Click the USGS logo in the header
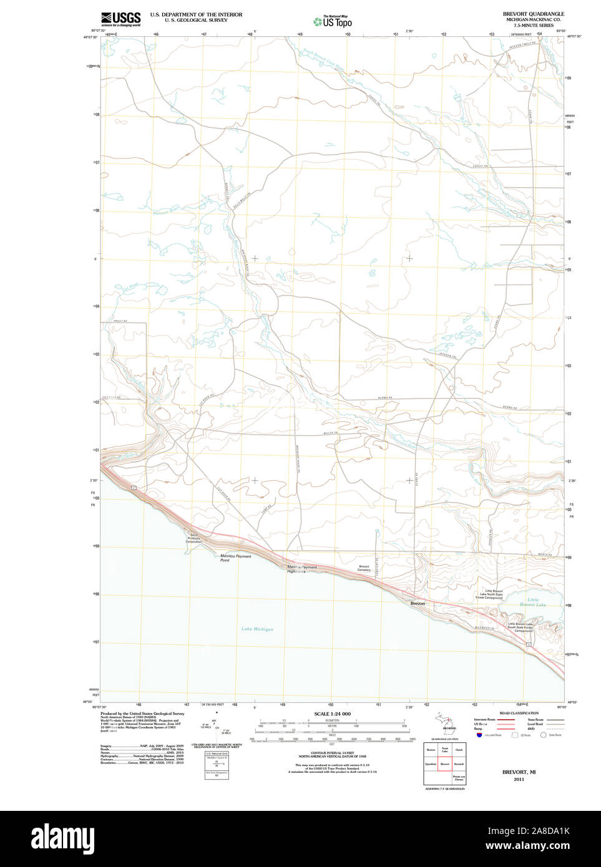pyautogui.click(x=120, y=19)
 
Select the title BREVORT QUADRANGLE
pyautogui.click(x=533, y=14)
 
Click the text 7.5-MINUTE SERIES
pyautogui.click(x=533, y=26)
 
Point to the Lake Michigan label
pyautogui.click(x=257, y=629)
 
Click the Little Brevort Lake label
pyautogui.click(x=532, y=602)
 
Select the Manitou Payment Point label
pyautogui.click(x=235, y=558)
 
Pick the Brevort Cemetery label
pyautogui.click(x=364, y=568)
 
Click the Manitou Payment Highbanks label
pyautogui.click(x=301, y=569)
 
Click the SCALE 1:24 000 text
pyautogui.click(x=332, y=714)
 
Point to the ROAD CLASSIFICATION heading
pyautogui.click(x=519, y=713)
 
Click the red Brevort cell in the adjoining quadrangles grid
pyautogui.click(x=445, y=763)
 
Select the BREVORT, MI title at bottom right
pyautogui.click(x=519, y=772)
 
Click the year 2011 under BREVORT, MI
pyautogui.click(x=519, y=779)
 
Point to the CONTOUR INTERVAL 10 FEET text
pyautogui.click(x=332, y=753)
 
